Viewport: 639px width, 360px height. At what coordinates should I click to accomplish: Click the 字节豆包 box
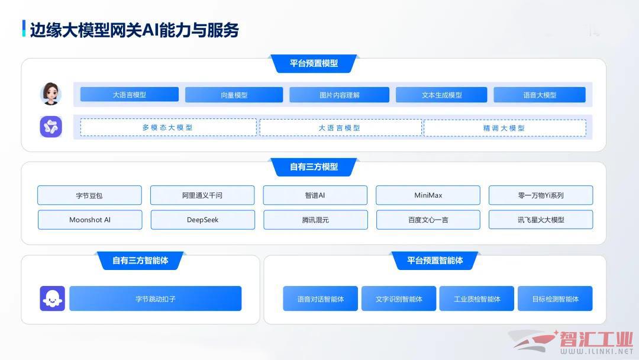tap(90, 195)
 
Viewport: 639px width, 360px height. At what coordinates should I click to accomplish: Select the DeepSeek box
tap(203, 220)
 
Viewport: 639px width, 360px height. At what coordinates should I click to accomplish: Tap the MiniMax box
tap(428, 195)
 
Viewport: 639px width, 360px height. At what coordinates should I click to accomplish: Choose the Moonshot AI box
tap(90, 220)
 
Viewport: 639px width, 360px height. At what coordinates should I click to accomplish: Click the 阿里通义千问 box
tap(202, 195)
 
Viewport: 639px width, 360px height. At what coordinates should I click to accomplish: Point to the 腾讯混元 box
tap(315, 220)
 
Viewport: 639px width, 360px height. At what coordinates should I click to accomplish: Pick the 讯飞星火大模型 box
tap(541, 220)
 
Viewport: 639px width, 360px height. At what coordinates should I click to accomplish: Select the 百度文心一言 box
tap(428, 220)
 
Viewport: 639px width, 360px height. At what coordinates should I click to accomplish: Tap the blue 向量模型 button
tap(234, 95)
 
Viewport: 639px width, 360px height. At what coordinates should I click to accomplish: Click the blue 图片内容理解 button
tap(340, 95)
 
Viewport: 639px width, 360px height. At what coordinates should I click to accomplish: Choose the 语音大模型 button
tap(540, 95)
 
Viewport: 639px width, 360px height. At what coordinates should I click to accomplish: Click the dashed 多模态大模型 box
tap(168, 128)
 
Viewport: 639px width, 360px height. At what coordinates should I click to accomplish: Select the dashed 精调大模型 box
tap(505, 128)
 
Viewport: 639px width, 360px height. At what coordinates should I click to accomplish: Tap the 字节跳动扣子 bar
tap(155, 298)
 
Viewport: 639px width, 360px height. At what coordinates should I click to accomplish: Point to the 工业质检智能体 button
tap(477, 298)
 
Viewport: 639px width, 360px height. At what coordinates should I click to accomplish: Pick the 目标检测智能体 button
tap(555, 298)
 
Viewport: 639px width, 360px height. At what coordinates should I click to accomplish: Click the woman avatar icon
tap(51, 94)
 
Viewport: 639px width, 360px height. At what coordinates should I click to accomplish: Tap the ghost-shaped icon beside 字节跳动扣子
tap(52, 298)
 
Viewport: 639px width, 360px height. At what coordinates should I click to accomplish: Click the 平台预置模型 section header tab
tap(314, 63)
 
